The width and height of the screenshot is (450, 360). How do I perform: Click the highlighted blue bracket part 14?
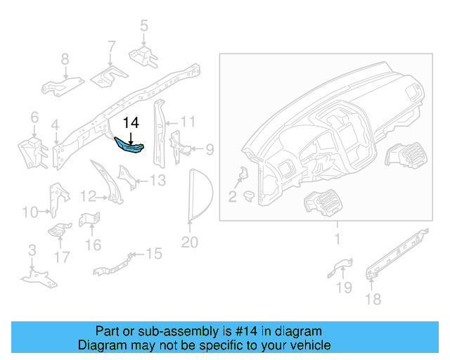[130, 146]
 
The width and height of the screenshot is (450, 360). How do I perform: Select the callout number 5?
[144, 27]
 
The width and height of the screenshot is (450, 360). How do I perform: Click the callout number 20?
[190, 243]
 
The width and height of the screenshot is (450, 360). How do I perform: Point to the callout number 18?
[373, 300]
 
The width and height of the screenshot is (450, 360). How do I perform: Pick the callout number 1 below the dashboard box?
[337, 239]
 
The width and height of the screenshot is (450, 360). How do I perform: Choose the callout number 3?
[32, 250]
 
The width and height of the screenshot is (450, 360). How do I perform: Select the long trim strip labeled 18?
[397, 252]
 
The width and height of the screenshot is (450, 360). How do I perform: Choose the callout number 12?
[88, 195]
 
